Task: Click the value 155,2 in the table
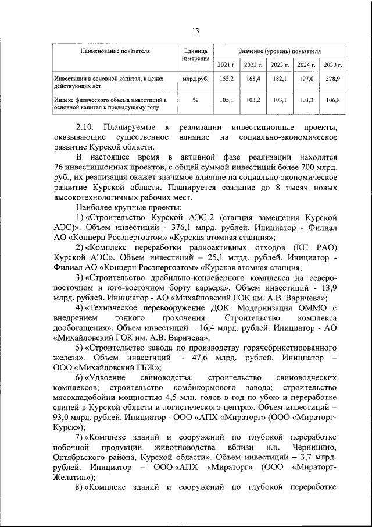click(x=226, y=78)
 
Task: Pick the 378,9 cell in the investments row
click(x=332, y=78)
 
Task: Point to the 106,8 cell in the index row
click(x=332, y=100)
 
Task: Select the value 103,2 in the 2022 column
click(x=253, y=100)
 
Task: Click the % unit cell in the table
click(x=195, y=100)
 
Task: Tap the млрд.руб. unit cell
click(x=195, y=78)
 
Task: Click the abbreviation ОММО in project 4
click(x=312, y=308)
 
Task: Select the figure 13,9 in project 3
click(x=327, y=288)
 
